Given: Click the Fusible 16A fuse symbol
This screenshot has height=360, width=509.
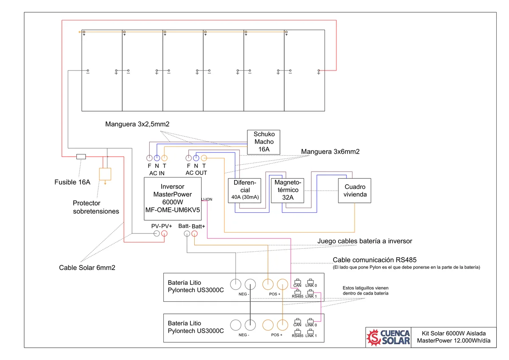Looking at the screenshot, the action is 81,157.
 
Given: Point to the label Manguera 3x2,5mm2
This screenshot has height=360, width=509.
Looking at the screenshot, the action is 137,124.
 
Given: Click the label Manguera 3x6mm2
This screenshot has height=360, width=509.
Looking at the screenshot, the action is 330,152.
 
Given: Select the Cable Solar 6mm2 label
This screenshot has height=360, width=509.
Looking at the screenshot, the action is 87,268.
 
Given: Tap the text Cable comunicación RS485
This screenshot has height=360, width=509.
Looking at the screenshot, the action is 375,260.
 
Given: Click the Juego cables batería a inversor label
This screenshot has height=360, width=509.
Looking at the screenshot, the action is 365,241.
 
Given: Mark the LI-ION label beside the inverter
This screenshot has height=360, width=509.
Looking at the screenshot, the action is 207,200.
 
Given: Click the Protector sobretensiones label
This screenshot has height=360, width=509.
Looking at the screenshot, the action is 96,207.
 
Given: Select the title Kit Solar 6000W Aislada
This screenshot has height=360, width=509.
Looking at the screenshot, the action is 453,333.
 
